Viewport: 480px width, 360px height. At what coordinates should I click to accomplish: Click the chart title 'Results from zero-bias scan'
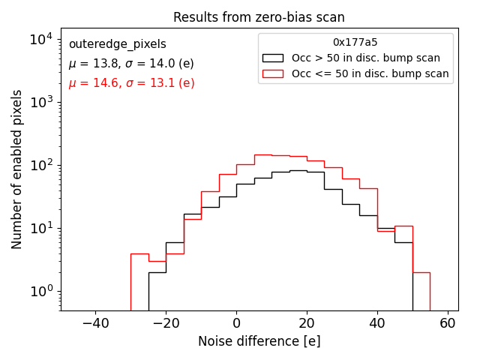pos(259,17)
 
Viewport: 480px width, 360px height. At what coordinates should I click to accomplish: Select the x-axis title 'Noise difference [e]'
pos(259,341)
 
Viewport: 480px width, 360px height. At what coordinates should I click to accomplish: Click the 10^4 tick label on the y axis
pos(40,39)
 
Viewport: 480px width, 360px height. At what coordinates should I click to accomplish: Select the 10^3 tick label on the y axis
pos(40,102)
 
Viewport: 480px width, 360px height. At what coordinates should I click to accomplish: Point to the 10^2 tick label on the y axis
pos(40,165)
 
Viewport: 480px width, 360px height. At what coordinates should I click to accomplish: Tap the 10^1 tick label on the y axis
pos(40,228)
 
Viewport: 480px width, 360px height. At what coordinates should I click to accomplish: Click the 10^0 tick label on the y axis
pos(40,291)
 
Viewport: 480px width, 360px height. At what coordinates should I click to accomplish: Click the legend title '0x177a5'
pos(355,43)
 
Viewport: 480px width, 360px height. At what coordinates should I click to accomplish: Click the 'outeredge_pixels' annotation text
pos(117,44)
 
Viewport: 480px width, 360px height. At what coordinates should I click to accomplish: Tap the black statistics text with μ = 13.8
pos(131,64)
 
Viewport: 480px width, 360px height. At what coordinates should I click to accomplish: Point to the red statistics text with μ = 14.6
pos(131,83)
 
